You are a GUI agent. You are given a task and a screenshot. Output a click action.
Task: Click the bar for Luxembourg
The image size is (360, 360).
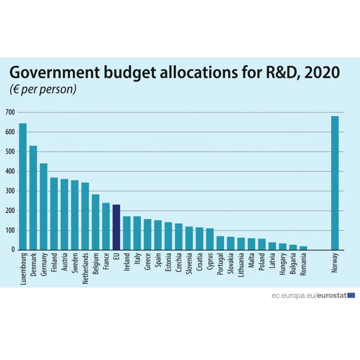click(23, 186)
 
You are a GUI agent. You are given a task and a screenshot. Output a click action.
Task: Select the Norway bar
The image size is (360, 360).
click(335, 183)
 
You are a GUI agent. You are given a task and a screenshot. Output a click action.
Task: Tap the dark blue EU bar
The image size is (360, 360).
click(117, 227)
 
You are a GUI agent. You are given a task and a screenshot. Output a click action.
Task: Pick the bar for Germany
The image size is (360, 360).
click(44, 206)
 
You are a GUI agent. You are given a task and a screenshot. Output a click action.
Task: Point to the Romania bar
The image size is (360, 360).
click(303, 248)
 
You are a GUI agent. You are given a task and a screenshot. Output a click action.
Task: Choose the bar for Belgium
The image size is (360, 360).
click(96, 222)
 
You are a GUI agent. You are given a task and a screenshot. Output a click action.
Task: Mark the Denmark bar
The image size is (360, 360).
click(33, 198)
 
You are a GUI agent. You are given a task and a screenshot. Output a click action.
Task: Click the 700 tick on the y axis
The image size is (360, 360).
click(10, 112)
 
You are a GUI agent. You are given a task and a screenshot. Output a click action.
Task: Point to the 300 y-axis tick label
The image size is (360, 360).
click(10, 191)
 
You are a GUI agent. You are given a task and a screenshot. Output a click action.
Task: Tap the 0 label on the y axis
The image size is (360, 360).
click(13, 250)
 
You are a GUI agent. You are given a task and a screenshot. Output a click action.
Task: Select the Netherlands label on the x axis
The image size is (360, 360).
click(85, 268)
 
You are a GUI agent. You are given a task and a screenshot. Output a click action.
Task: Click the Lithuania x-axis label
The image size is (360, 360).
click(241, 265)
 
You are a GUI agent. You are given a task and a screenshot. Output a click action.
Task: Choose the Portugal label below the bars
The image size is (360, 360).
click(220, 264)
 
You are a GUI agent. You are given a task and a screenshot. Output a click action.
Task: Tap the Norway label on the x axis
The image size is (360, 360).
click(335, 263)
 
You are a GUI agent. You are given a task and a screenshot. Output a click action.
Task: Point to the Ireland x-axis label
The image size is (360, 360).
click(127, 262)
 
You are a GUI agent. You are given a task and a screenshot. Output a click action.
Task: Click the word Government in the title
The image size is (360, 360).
click(55, 72)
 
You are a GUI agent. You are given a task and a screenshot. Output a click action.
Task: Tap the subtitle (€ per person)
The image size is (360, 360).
click(43, 89)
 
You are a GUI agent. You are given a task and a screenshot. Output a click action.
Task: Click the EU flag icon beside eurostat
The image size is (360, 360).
click(351, 295)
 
